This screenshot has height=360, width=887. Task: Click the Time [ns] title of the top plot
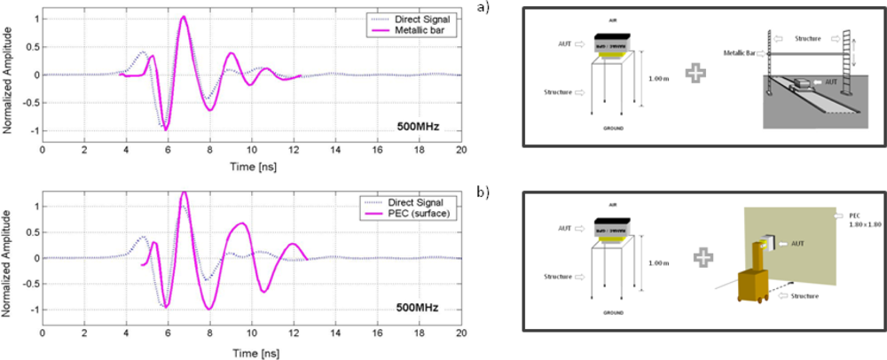(252, 167)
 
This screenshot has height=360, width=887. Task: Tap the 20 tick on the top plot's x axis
(461, 149)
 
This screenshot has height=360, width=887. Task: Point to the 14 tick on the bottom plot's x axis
(335, 335)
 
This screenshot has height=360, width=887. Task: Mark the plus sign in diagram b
(703, 257)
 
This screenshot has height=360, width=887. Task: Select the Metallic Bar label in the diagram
(738, 52)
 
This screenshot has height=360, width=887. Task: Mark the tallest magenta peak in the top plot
(183, 16)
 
